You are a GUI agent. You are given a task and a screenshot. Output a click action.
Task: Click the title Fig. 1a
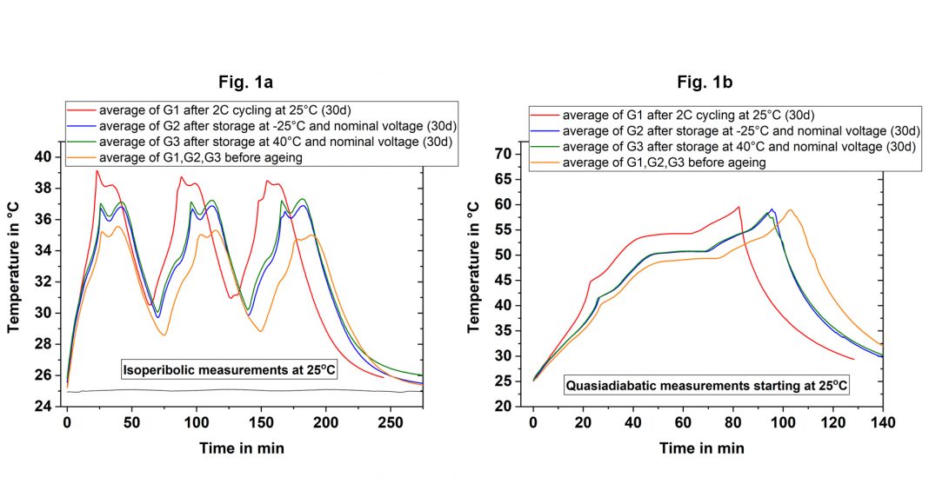245,83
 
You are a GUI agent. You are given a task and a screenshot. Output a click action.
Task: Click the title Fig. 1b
707,83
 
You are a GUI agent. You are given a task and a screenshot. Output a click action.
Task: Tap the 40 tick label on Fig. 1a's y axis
44,157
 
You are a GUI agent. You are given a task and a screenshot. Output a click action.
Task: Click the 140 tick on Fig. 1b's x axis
883,423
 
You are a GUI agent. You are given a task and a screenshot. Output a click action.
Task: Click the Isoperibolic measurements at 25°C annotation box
229,371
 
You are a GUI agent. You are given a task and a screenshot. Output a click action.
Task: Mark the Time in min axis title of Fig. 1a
239,448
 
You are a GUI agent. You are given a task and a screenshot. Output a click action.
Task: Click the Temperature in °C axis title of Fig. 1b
475,267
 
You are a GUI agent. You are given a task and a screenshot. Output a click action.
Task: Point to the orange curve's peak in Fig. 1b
791,209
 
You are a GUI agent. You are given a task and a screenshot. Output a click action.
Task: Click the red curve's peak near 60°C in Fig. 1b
739,207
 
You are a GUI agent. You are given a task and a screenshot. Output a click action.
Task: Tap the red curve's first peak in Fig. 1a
97,170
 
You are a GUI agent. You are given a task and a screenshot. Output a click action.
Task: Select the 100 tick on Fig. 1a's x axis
197,423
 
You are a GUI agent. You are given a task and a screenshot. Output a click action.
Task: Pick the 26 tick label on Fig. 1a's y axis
44,375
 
